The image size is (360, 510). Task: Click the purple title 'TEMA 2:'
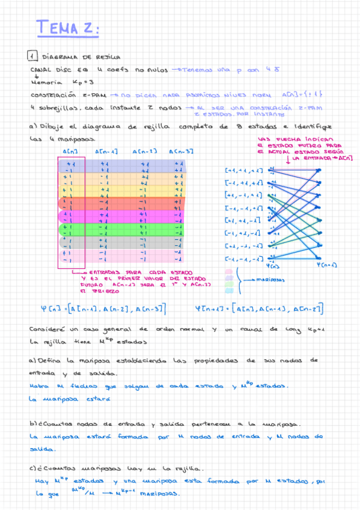tap(67, 28)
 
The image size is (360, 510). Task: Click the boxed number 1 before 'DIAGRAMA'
tap(32, 57)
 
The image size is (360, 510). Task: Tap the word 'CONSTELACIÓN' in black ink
tap(53, 95)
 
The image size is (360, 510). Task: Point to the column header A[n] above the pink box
tap(70, 152)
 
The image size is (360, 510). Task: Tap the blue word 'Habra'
tap(38, 386)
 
